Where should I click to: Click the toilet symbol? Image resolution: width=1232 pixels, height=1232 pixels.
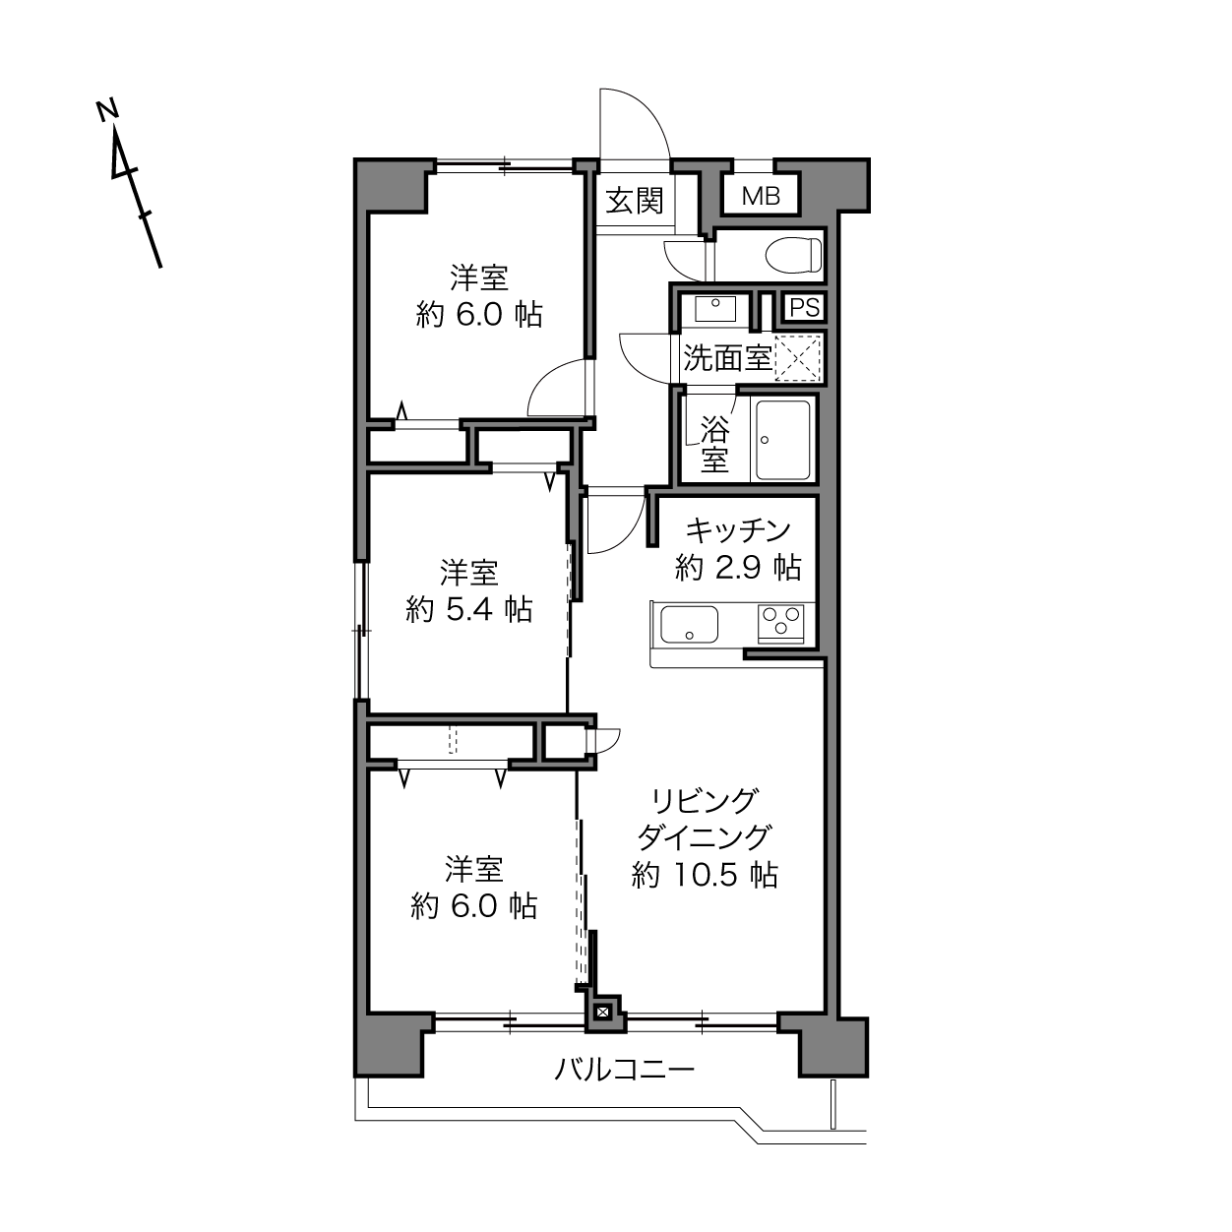coord(793,255)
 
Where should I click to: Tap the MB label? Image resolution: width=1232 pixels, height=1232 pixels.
coord(761,196)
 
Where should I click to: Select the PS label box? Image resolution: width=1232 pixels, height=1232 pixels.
coord(805,308)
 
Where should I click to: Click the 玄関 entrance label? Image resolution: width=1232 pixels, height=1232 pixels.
coord(635,201)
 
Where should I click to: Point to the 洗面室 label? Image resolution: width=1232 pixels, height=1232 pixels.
coord(727,358)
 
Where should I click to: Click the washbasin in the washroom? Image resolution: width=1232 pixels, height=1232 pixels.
coord(715,309)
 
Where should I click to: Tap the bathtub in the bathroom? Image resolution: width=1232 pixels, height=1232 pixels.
coord(783,440)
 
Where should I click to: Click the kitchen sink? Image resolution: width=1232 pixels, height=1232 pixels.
coord(689,624)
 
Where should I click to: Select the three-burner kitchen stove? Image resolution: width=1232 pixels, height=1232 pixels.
coord(780,623)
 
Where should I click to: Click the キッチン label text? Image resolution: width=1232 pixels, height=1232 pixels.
coord(738,530)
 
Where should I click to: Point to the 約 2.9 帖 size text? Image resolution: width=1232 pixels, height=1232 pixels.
coord(738,567)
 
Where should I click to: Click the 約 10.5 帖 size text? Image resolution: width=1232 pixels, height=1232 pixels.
coord(705,875)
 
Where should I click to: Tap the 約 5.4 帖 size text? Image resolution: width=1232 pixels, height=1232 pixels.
coord(469,610)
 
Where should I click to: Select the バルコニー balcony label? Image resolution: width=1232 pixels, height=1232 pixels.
coord(624,1069)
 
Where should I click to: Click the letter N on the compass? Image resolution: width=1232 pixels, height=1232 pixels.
coord(107,110)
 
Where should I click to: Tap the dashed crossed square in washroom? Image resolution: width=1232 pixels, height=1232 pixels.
coord(797,358)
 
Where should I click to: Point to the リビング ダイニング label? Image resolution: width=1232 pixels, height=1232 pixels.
coord(705,819)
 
